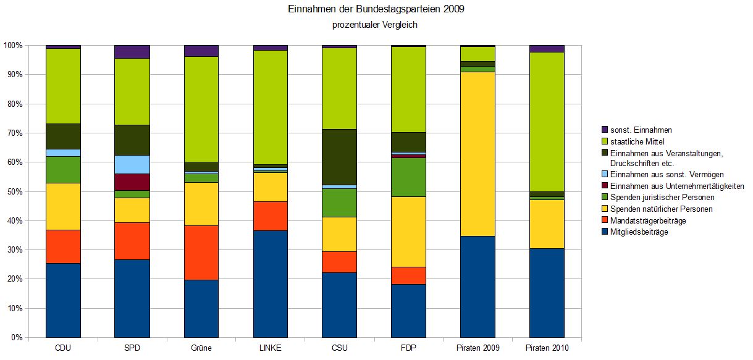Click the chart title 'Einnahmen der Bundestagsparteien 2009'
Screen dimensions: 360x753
(376, 10)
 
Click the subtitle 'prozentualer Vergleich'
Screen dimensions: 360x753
(376, 25)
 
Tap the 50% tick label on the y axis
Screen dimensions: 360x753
(13, 192)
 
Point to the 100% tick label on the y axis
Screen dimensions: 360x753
(13, 46)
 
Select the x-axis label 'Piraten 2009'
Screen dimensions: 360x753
(477, 348)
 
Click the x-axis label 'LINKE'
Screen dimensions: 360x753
(270, 348)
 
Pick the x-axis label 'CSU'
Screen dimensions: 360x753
(339, 348)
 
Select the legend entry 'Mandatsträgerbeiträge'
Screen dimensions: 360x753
(648, 220)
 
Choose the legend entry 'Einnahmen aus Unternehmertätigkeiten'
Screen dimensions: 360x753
(676, 186)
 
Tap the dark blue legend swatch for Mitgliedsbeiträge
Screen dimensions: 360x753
(604, 232)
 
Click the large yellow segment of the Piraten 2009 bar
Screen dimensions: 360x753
(477, 154)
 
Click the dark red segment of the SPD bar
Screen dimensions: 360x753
(132, 182)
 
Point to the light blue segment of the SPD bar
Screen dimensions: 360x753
(132, 164)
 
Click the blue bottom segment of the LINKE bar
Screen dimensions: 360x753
(270, 284)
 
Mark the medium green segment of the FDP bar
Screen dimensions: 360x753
(408, 177)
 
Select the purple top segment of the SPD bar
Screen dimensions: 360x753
(132, 52)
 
